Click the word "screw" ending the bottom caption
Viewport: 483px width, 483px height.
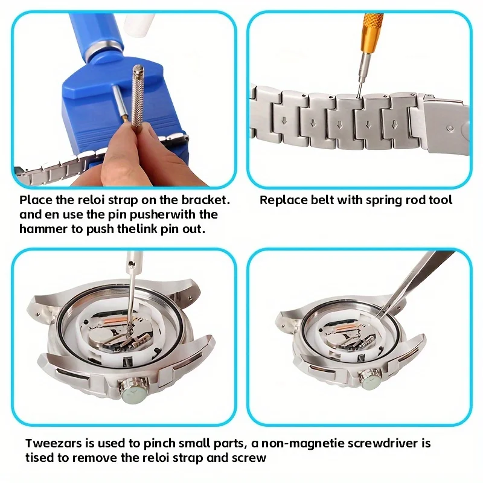[x=248, y=458]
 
